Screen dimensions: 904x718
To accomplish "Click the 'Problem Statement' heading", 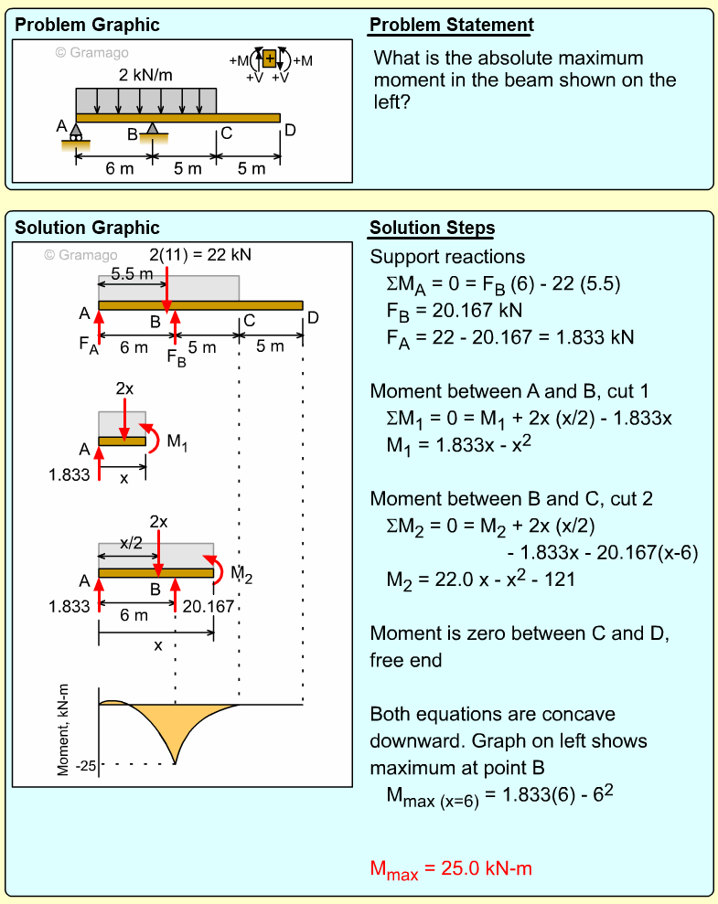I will (451, 26).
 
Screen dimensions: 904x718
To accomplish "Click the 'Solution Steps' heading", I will (432, 229).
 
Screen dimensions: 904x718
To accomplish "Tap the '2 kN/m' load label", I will (145, 75).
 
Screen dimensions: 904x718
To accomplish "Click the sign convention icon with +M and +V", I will (269, 61).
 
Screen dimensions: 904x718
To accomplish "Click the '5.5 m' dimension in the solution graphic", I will (132, 273).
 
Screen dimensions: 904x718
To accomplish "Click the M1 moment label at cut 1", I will (177, 441).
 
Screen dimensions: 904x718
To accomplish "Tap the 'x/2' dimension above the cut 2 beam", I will (131, 543).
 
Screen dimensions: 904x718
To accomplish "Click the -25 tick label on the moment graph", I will (85, 764).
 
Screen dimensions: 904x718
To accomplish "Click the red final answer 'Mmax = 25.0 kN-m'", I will (450, 869).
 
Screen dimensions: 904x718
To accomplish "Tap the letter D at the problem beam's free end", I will (290, 130).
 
